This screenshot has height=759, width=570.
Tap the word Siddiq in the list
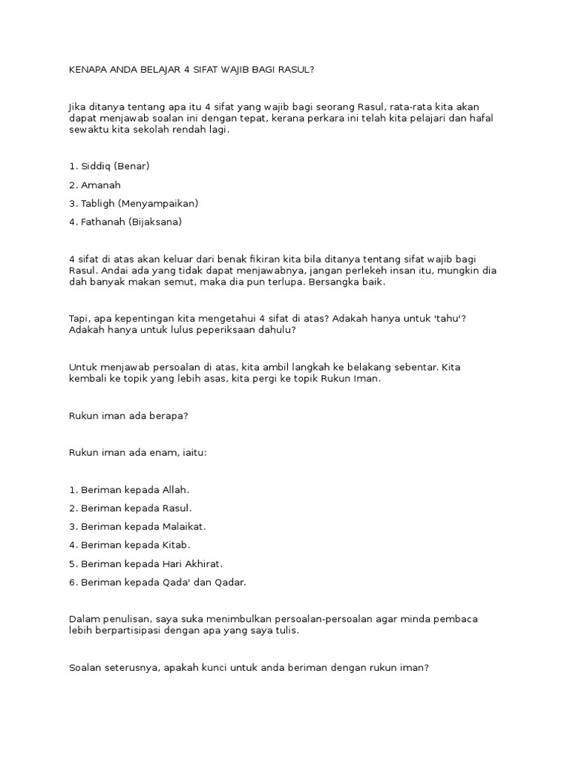coord(98,165)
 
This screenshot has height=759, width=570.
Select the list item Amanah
coord(101,185)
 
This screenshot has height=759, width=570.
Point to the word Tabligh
coord(102,203)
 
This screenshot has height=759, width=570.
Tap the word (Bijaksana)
coord(156,222)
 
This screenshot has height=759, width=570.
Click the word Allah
coord(171,489)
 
